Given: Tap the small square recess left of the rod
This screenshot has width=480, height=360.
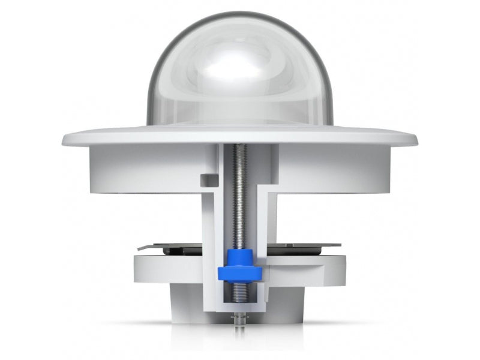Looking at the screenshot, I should click(208, 179).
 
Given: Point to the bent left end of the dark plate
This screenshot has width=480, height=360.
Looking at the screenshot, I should click(142, 247).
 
